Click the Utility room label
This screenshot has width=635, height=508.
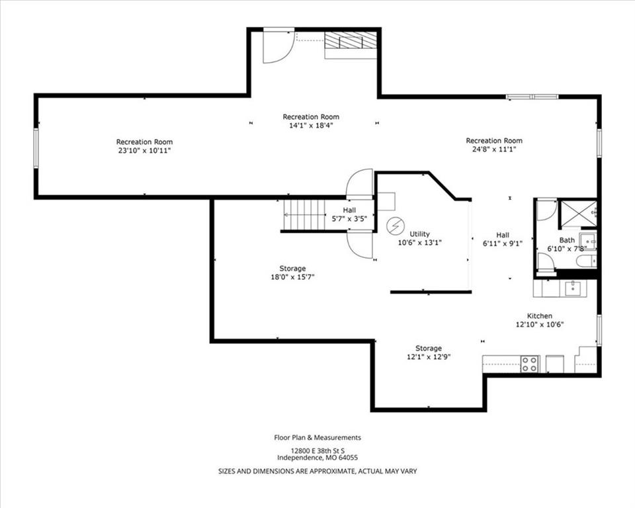pos(419,234)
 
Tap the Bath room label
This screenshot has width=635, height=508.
pos(567,240)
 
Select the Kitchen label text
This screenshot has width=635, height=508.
pos(540,316)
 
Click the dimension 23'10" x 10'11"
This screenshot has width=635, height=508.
pos(144,151)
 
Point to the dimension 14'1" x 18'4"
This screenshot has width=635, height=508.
pos(311,126)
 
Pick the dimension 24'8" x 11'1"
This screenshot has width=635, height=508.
pos(494,149)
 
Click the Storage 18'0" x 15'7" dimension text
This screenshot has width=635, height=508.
pos(293,278)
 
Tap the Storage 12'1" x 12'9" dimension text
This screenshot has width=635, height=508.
pos(429,357)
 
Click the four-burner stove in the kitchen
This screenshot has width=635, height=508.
pos(529,363)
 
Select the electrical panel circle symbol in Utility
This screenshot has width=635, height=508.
pos(394,226)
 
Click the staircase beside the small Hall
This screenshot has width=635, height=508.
pos(304,215)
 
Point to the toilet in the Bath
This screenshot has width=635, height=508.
pos(586,261)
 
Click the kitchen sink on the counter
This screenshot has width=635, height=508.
pos(572,288)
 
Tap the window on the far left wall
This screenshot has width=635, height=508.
pos(36,148)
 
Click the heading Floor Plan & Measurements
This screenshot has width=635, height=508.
pos(317,437)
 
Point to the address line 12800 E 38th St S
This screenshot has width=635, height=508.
pos(317,451)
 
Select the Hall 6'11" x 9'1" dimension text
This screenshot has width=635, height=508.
pos(503,243)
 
